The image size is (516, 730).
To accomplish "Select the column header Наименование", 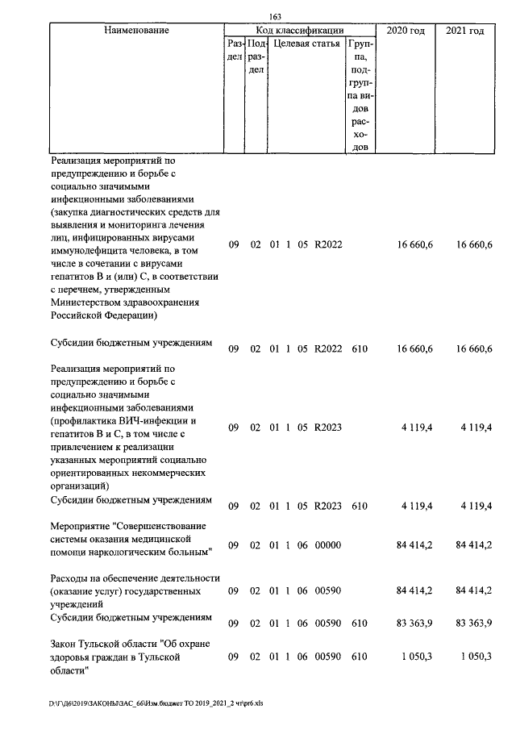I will coord(136,30).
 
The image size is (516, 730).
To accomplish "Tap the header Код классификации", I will coord(299,30).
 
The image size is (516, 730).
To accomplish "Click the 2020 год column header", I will coord(406,30).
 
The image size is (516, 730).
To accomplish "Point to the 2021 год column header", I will coord(464,30).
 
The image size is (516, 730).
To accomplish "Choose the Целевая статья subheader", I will coord(306,44).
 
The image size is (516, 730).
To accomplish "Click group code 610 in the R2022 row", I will coord(360,348).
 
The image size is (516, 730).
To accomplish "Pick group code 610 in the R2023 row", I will coord(360,507).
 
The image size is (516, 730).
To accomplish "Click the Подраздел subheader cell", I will coord(255,56).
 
